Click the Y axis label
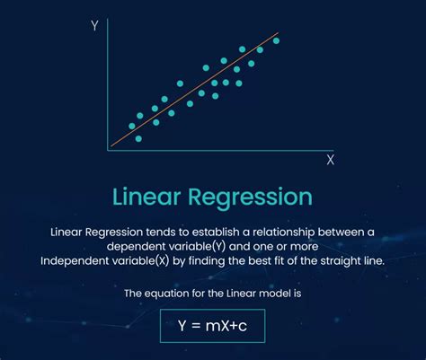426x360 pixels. coord(94,27)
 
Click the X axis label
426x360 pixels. coord(330,160)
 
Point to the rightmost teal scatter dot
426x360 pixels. coord(276,40)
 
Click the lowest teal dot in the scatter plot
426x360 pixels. coord(138,138)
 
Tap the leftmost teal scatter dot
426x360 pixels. coord(132,126)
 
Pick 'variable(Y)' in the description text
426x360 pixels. coord(202,246)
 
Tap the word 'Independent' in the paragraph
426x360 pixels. coord(75,260)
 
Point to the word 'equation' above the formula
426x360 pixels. coord(167,294)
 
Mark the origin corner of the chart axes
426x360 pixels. coord(109,147)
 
